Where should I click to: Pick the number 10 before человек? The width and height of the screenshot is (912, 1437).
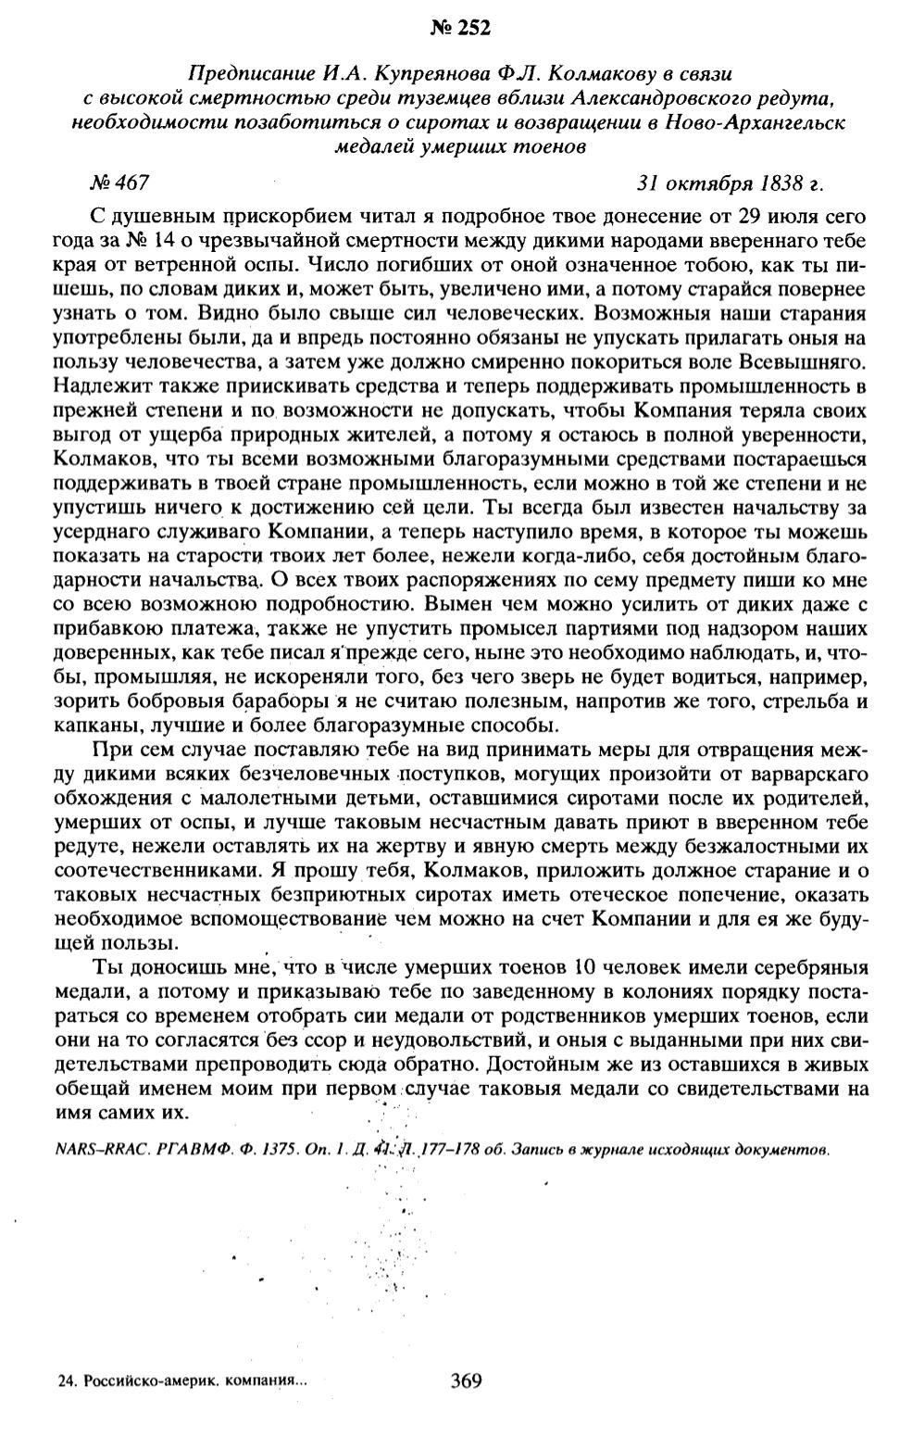pos(591,969)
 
